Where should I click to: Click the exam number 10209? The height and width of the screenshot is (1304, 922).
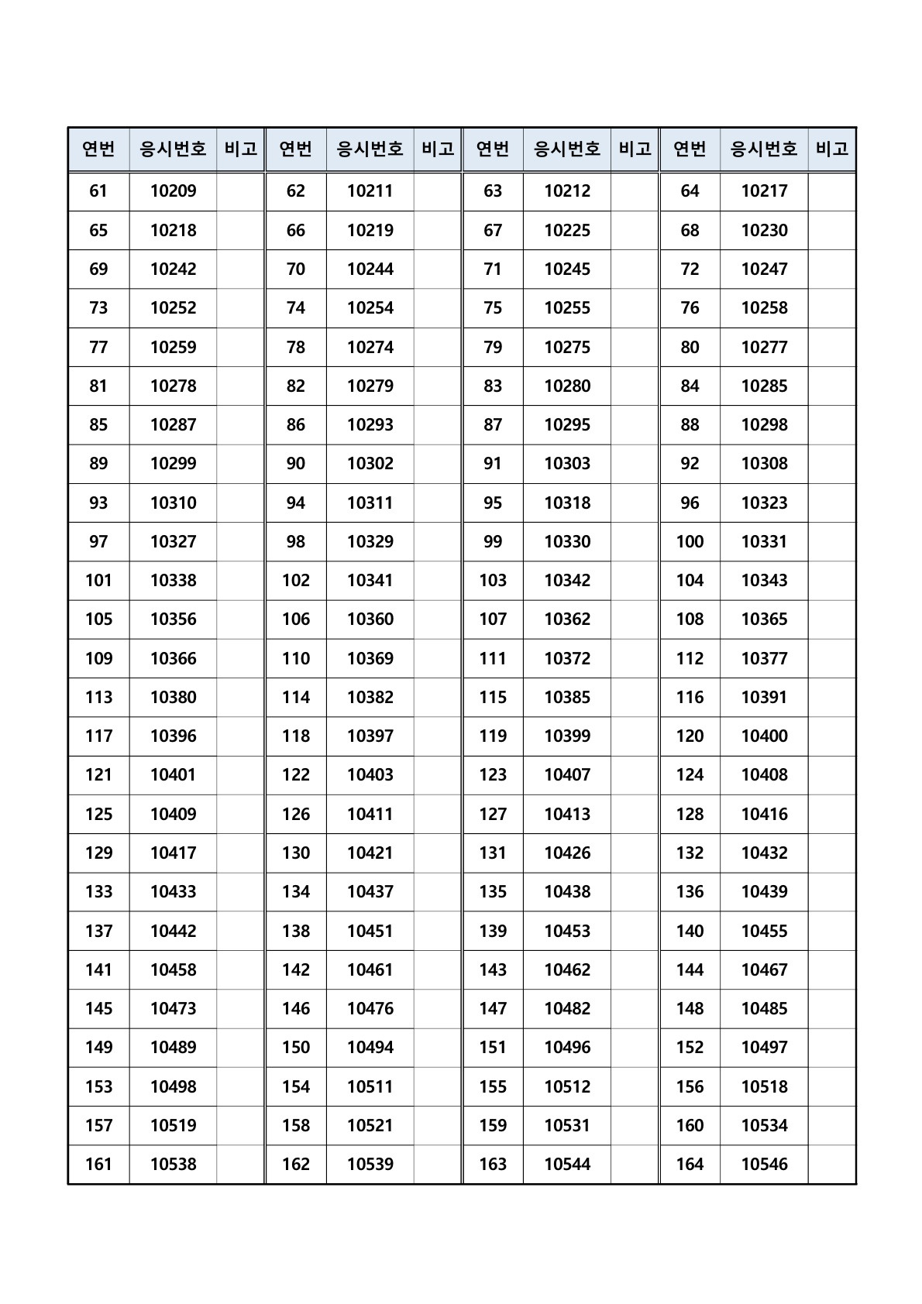173,191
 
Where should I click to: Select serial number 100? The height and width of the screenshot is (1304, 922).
690,542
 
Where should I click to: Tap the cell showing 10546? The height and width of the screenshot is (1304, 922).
764,1165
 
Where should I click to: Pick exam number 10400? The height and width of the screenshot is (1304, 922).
764,736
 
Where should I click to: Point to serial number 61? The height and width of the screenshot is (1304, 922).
98,191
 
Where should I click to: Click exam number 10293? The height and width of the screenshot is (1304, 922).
370,425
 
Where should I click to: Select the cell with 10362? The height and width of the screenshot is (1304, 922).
567,619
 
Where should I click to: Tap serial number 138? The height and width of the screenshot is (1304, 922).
296,931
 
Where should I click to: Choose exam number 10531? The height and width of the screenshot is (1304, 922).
567,1126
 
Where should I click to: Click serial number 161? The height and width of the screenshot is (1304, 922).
98,1165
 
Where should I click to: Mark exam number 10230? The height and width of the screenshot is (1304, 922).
764,231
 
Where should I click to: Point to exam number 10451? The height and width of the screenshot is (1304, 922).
370,931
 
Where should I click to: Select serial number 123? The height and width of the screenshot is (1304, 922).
493,775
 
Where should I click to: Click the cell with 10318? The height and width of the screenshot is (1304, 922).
567,503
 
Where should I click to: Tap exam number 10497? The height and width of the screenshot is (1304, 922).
764,1048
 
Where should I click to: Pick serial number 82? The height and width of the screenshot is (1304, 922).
296,386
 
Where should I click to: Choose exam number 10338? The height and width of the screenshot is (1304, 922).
173,581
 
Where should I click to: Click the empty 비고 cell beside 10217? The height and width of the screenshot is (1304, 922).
831,191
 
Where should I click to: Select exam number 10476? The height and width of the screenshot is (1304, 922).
370,1009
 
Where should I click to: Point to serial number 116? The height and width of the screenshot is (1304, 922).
690,698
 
